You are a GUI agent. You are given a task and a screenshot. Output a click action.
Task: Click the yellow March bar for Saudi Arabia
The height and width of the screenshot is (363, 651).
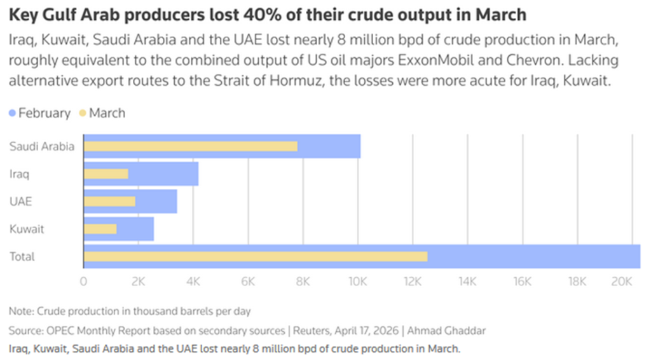coord(191,147)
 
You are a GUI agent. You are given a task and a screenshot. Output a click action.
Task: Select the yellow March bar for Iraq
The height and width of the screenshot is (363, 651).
coord(106,174)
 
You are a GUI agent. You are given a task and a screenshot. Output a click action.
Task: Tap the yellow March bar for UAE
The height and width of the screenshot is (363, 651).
coord(109,202)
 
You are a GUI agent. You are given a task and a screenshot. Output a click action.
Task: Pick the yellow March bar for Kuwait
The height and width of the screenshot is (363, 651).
coord(100,229)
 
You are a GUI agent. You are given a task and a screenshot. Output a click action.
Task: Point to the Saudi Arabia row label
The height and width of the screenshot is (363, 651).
coord(41,147)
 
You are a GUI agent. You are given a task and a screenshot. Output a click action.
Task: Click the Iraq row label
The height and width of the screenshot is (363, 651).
coord(19,174)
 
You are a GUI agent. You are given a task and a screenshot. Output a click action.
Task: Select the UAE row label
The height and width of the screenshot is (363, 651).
coord(20,202)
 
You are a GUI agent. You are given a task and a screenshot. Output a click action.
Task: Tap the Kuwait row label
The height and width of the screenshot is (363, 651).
coord(26,229)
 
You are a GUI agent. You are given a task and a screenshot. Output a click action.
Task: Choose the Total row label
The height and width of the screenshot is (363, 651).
coord(22,257)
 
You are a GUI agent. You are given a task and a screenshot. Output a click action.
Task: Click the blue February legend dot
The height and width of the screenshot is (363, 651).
coord(13,113)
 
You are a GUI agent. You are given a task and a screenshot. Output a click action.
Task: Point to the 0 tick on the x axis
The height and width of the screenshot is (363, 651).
coord(84,281)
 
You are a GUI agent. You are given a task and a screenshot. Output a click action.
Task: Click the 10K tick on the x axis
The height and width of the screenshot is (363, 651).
coord(358,281)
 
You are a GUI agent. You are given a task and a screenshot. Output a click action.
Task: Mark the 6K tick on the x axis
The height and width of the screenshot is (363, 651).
coord(249,281)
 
